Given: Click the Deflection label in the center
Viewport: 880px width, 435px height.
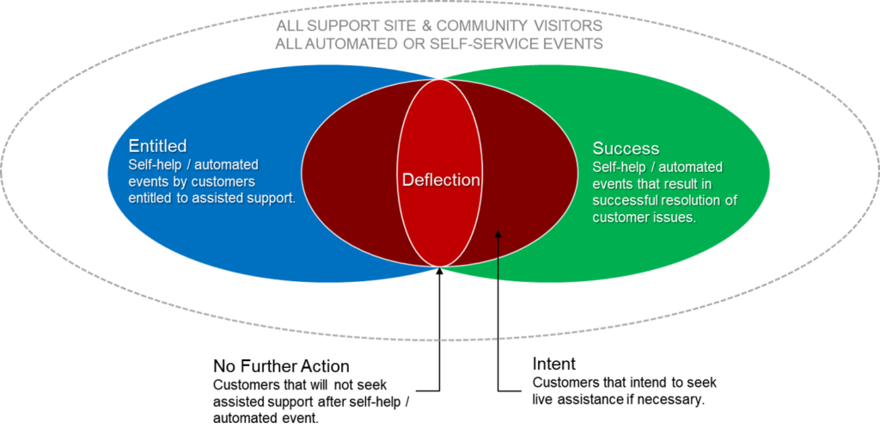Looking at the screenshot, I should pyautogui.click(x=441, y=181).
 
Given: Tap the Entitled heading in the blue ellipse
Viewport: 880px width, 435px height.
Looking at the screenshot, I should pyautogui.click(x=157, y=146).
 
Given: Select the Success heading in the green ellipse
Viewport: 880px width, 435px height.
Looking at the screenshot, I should pyautogui.click(x=626, y=149).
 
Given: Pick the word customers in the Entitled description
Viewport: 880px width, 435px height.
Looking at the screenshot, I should pyautogui.click(x=225, y=181).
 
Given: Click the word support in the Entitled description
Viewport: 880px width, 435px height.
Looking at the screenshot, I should pyautogui.click(x=269, y=198).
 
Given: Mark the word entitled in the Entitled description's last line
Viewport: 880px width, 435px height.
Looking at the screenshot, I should pyautogui.click(x=151, y=198).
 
